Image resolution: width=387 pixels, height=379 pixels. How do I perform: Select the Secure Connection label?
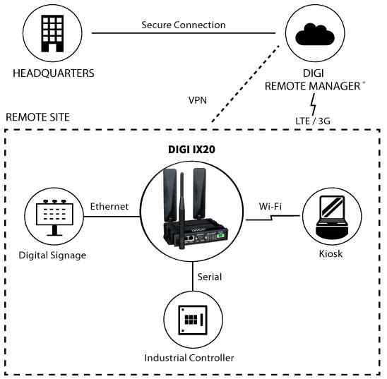183,25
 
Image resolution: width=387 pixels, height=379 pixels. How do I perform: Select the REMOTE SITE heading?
37,116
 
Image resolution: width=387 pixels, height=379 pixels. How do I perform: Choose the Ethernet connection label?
109,207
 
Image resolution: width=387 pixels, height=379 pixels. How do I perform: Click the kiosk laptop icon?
331,216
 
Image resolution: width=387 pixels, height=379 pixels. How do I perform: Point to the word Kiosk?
331,253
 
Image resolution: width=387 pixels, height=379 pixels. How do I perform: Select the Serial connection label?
210,277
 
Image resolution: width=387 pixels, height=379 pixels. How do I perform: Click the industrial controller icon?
193,318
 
